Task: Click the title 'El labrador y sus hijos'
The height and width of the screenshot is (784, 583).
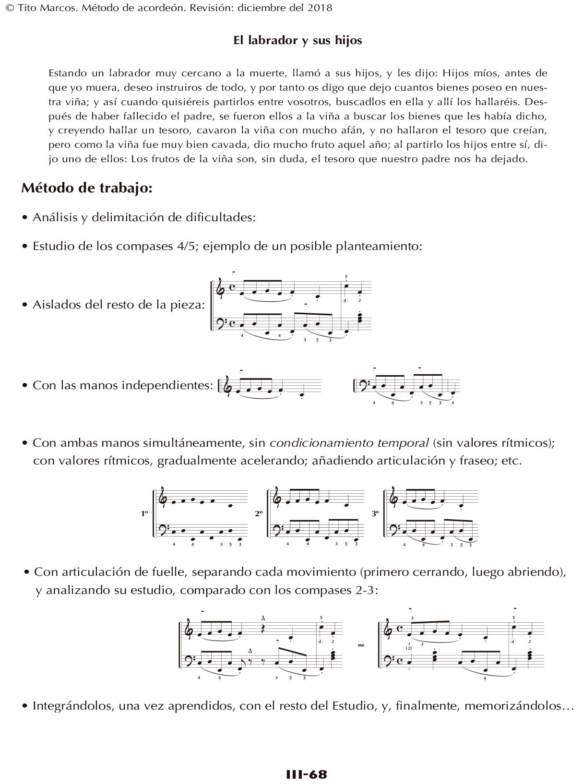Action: click(297, 40)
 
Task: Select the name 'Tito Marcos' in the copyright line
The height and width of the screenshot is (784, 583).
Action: click(34, 8)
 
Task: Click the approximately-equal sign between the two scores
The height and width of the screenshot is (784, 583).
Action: click(361, 645)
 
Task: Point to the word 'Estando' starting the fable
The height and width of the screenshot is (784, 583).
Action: click(66, 73)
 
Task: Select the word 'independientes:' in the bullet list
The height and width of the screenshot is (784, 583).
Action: click(175, 385)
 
